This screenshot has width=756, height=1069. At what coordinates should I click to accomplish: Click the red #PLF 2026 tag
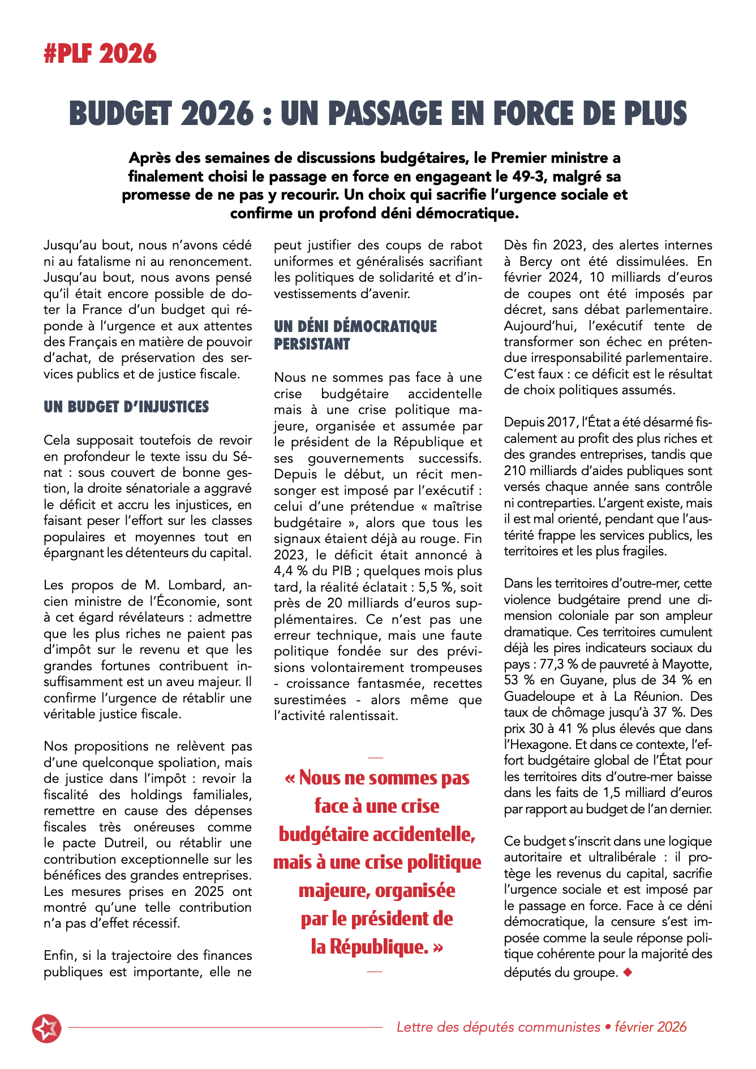tap(100, 54)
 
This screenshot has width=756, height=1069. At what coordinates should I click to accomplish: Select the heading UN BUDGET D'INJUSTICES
tap(126, 407)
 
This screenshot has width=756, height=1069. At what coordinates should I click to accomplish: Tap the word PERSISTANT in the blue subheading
tap(312, 344)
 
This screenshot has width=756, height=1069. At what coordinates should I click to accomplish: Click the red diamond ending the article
tap(626, 972)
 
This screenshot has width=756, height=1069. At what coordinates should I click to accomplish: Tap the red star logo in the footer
tap(46, 1028)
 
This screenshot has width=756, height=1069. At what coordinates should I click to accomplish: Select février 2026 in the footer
tap(651, 1027)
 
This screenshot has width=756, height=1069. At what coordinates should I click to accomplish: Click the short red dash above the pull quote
tap(375, 757)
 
